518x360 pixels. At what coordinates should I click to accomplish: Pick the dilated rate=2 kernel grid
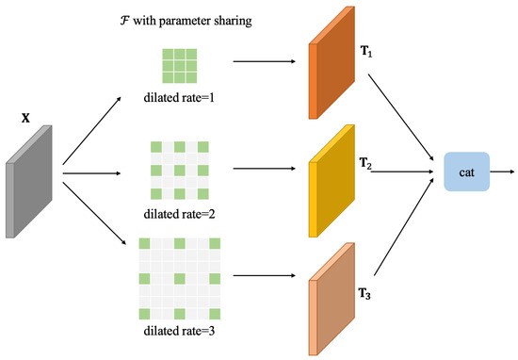tap(178, 171)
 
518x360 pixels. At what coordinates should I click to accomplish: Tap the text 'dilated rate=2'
tap(178, 215)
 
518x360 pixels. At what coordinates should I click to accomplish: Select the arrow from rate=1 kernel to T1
tap(260, 65)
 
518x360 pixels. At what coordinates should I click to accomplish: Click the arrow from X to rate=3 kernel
tap(94, 222)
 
